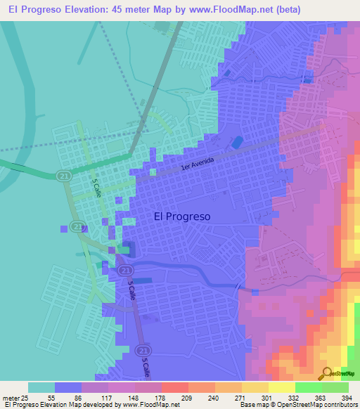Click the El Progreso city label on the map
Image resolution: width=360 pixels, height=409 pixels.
tap(181, 217)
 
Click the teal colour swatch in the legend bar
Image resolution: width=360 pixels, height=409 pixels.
tap(41, 387)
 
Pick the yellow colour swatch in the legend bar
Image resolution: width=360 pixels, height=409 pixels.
tap(281, 387)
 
